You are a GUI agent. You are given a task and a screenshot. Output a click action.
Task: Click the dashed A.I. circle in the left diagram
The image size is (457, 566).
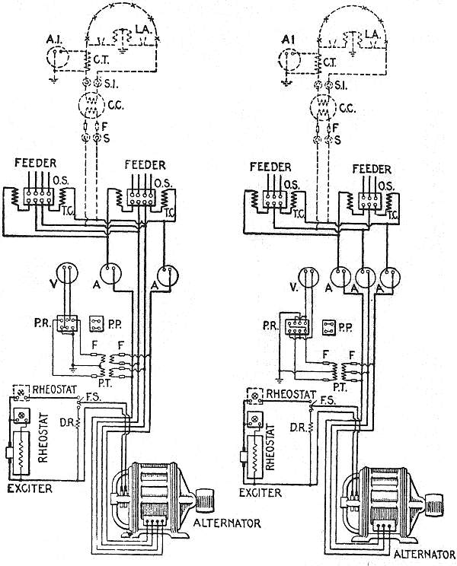click(x=56, y=56)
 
